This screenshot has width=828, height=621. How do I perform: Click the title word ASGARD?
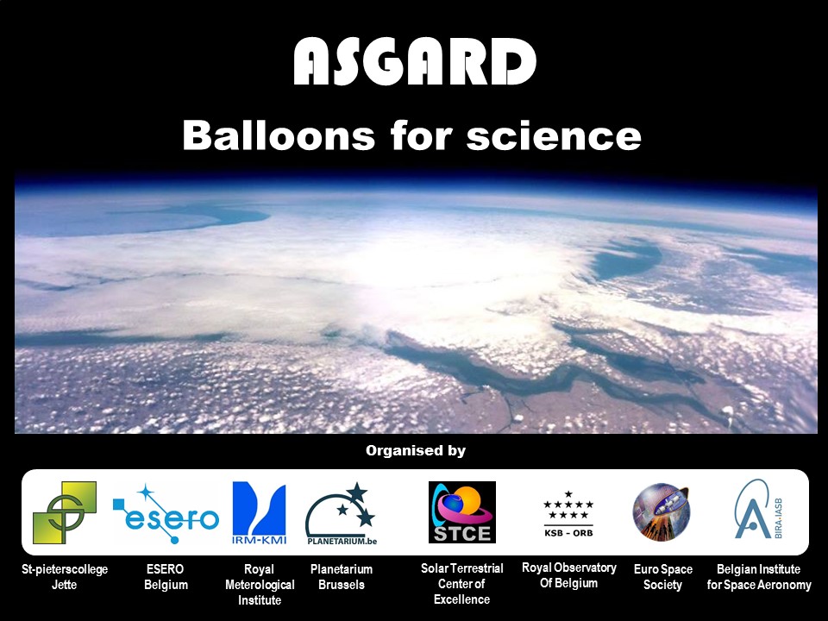click(x=414, y=63)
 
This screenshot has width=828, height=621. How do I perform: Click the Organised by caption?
click(x=415, y=450)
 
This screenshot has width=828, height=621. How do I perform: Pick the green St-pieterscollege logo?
click(x=65, y=512)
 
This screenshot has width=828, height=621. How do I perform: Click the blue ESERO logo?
click(x=166, y=514)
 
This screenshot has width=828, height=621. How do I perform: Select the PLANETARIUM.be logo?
click(x=341, y=514)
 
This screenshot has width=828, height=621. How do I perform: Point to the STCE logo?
click(x=462, y=512)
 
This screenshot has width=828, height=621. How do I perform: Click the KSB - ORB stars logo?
click(x=568, y=511)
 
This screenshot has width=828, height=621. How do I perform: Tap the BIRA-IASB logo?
click(x=758, y=511)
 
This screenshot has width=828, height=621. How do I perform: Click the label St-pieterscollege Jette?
click(x=65, y=577)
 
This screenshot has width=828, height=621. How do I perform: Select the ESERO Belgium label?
click(x=166, y=577)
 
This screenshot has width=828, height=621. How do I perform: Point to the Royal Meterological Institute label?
click(x=260, y=585)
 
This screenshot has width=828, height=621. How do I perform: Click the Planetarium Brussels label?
click(x=342, y=577)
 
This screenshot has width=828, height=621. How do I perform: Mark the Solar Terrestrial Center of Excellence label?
click(x=461, y=584)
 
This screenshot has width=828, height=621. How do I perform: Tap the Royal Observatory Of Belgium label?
click(x=568, y=575)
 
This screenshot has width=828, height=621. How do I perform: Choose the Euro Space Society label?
click(x=662, y=577)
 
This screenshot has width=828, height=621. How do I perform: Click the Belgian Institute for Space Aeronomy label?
click(x=759, y=577)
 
